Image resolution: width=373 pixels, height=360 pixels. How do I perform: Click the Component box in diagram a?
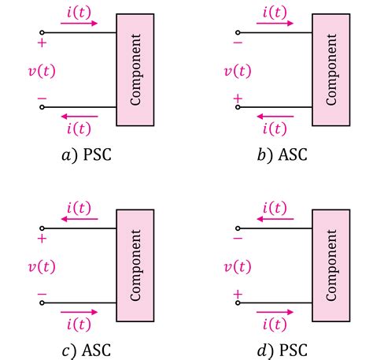[135, 69]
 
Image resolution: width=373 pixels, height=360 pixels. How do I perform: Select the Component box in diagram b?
[331, 69]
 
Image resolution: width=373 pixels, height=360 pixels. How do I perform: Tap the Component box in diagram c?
[135, 265]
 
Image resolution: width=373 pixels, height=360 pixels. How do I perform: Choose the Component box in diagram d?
[331, 265]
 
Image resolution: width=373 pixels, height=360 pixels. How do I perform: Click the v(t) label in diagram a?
[41, 71]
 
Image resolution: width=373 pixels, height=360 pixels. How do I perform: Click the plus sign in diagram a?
[42, 43]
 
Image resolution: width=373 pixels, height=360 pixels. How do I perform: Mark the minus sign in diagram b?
[237, 43]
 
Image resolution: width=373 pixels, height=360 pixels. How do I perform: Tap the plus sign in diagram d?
[237, 294]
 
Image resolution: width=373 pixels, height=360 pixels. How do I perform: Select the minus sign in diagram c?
[42, 295]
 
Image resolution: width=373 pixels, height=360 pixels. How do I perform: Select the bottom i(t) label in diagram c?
[79, 324]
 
